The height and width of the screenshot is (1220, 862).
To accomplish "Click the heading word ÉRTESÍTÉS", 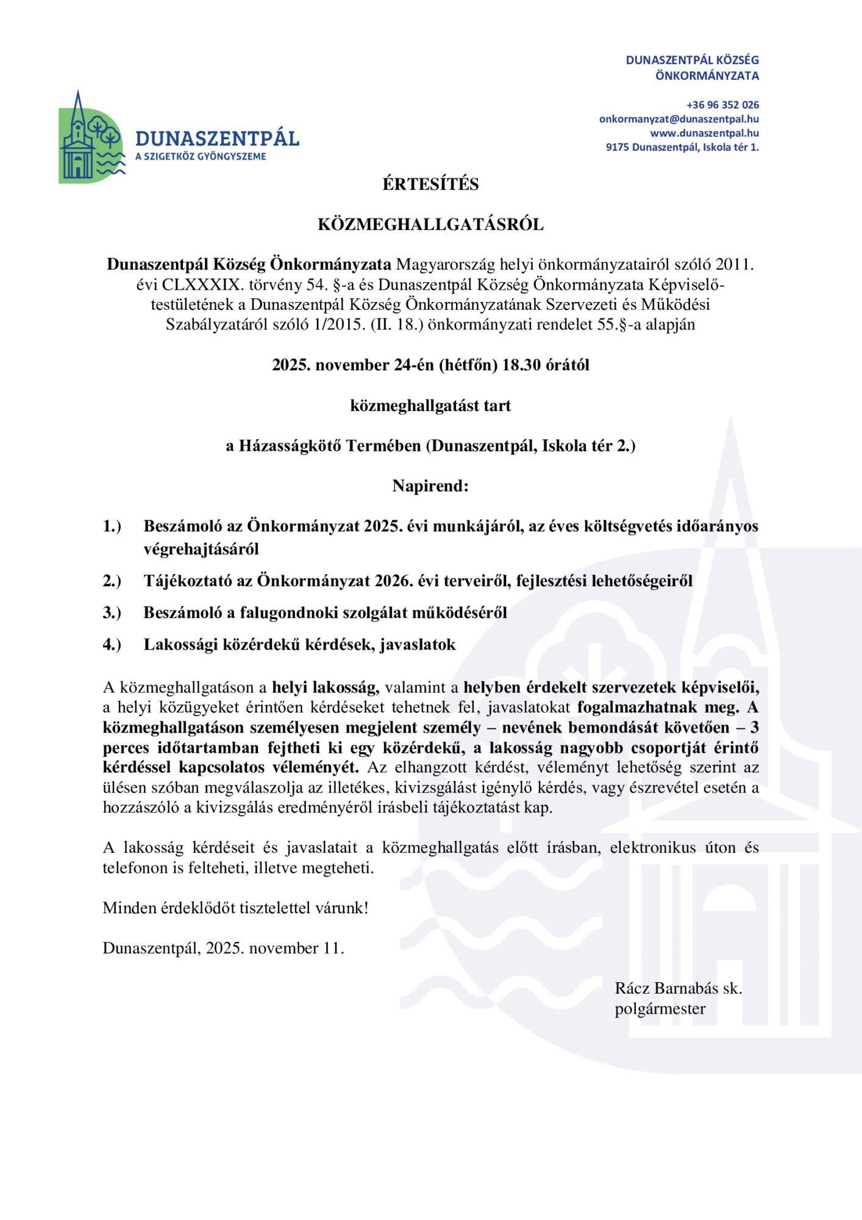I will (x=430, y=184).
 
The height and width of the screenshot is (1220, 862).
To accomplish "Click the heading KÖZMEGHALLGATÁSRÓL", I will (x=430, y=224).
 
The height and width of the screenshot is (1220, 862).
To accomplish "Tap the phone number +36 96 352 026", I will (x=722, y=105).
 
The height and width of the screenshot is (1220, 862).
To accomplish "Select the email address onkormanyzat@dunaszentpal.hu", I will (x=679, y=119).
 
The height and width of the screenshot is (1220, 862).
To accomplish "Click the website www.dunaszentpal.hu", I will (x=704, y=133).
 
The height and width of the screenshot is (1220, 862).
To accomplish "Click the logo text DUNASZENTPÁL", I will (x=217, y=139).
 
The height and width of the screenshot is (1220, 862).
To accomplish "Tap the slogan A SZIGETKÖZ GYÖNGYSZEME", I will (x=201, y=157).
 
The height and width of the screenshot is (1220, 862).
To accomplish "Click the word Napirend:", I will (x=430, y=486).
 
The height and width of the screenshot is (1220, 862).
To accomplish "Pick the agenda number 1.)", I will (x=112, y=526).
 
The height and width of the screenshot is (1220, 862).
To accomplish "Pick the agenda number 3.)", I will (x=112, y=612).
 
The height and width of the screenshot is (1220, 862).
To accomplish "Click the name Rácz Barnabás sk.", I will (x=678, y=988).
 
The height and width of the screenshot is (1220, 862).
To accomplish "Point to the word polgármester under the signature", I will (x=660, y=1009).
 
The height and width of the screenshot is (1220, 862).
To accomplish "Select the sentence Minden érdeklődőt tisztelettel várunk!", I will (x=235, y=908).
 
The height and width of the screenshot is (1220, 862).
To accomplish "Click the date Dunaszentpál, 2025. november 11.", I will (x=223, y=948).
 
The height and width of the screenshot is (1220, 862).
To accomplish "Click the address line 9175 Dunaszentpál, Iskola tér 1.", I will (x=682, y=147).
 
